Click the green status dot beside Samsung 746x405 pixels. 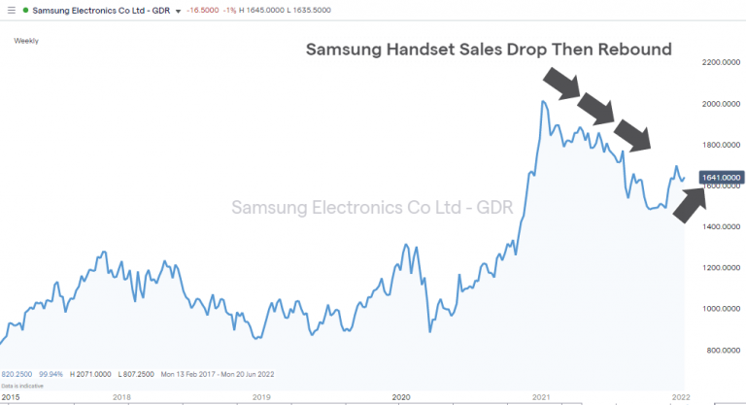(x=24, y=9)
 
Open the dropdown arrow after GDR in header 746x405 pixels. (x=178, y=10)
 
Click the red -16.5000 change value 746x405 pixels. (x=202, y=9)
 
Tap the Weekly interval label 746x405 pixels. (x=26, y=40)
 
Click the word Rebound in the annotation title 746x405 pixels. (x=632, y=49)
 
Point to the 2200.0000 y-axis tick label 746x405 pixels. (x=721, y=63)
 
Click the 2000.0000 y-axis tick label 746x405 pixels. (x=721, y=104)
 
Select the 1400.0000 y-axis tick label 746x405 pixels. (x=721, y=226)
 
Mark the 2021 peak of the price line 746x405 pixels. (x=542, y=102)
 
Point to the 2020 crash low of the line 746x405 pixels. (x=429, y=331)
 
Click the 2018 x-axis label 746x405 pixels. (x=121, y=396)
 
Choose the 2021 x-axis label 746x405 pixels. (x=540, y=396)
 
